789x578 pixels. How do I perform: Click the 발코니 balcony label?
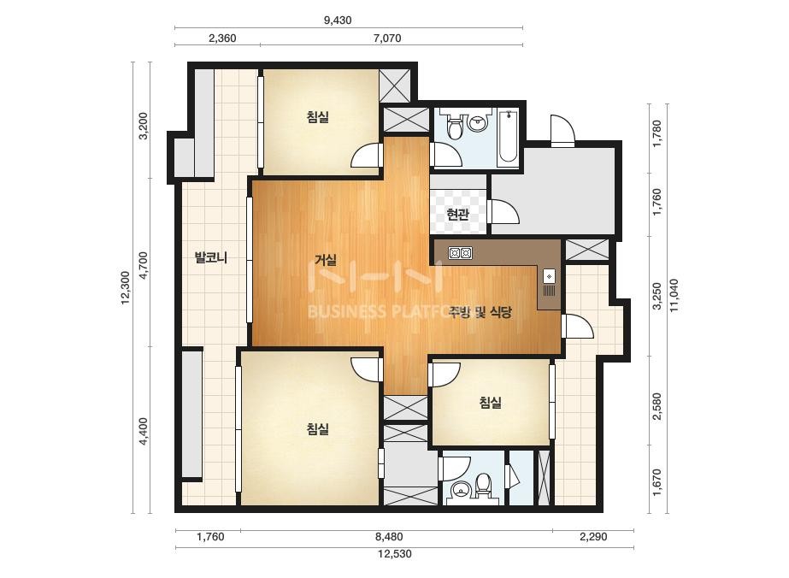click(x=211, y=257)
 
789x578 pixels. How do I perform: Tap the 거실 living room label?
click(x=326, y=260)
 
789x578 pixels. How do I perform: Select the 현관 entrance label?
click(x=458, y=215)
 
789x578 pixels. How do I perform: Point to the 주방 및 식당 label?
click(x=480, y=311)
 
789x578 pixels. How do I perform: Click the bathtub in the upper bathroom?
click(x=507, y=138)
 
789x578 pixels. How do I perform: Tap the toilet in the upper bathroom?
click(x=455, y=127)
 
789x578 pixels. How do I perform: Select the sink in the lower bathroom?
click(x=461, y=488)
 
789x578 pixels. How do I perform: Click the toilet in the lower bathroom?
click(x=484, y=486)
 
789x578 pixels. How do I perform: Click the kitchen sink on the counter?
click(x=549, y=276)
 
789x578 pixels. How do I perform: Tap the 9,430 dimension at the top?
click(x=338, y=21)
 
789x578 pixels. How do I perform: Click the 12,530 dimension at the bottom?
click(x=395, y=554)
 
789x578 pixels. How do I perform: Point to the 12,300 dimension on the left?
click(x=126, y=287)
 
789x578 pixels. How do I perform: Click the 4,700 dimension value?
click(x=144, y=265)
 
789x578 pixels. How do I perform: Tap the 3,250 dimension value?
click(x=657, y=296)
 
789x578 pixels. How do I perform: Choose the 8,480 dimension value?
click(x=389, y=537)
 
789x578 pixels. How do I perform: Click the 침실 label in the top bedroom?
click(x=317, y=117)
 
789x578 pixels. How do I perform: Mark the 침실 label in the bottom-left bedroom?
click(x=317, y=429)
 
